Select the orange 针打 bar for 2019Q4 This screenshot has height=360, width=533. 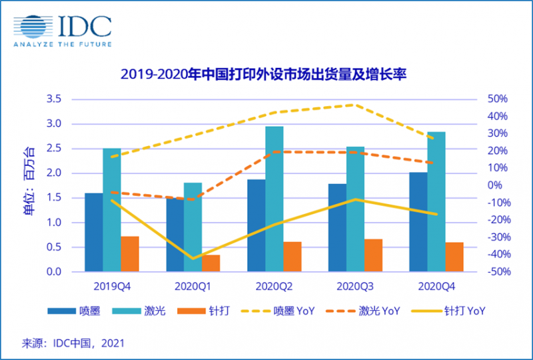point(130,254)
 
